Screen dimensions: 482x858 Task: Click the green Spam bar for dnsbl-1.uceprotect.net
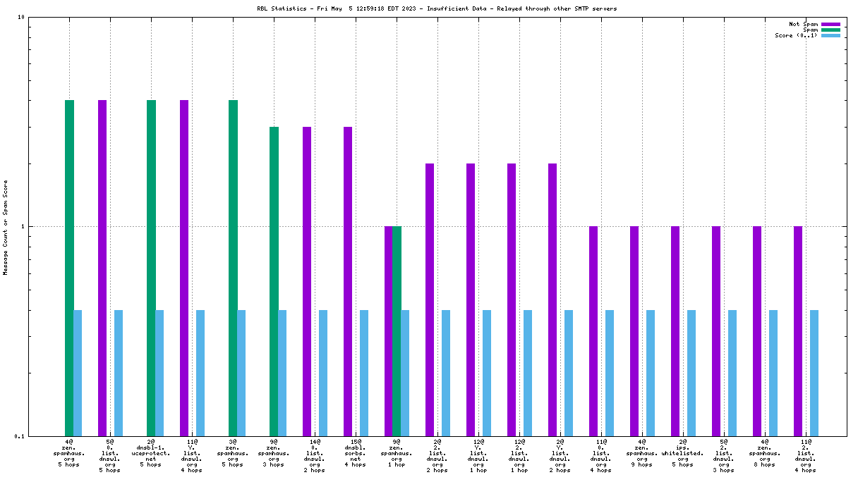point(151,268)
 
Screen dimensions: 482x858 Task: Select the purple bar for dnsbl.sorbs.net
point(348,281)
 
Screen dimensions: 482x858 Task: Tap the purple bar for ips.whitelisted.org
point(675,330)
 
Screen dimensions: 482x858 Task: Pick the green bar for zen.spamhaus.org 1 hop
point(397,330)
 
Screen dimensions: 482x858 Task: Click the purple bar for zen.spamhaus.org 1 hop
point(388,330)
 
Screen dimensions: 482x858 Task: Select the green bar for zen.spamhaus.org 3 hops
point(274,281)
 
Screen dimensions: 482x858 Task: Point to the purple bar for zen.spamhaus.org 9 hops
point(634,330)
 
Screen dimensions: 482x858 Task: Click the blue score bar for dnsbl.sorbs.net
point(364,373)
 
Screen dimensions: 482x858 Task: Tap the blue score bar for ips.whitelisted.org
point(691,373)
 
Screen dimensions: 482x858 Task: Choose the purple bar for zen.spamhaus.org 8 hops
point(757,330)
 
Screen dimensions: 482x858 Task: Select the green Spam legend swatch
point(830,30)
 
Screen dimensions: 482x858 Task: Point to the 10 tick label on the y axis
point(21,17)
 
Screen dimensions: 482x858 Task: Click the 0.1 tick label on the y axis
point(20,436)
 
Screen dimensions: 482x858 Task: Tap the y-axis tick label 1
point(23,226)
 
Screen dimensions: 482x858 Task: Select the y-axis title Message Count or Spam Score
point(6,227)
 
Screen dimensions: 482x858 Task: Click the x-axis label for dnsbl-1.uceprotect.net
point(151,452)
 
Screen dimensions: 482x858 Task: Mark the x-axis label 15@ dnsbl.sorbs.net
point(356,452)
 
